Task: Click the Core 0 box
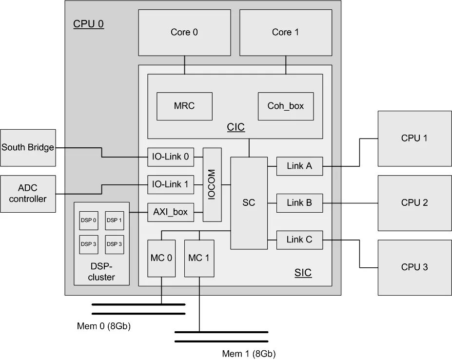184,32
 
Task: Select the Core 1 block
285,32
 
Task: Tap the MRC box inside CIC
184,106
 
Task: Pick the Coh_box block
285,106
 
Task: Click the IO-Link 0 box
170,157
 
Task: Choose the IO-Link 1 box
170,185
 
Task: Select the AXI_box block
170,212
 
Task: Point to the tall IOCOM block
212,185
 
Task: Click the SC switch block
249,202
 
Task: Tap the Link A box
299,166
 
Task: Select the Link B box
299,203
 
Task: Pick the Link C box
299,240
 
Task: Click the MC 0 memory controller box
161,258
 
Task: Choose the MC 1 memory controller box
199,258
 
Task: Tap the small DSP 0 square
89,220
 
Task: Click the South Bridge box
28,147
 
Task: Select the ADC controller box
28,194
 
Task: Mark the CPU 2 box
414,202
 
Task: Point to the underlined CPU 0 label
88,24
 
